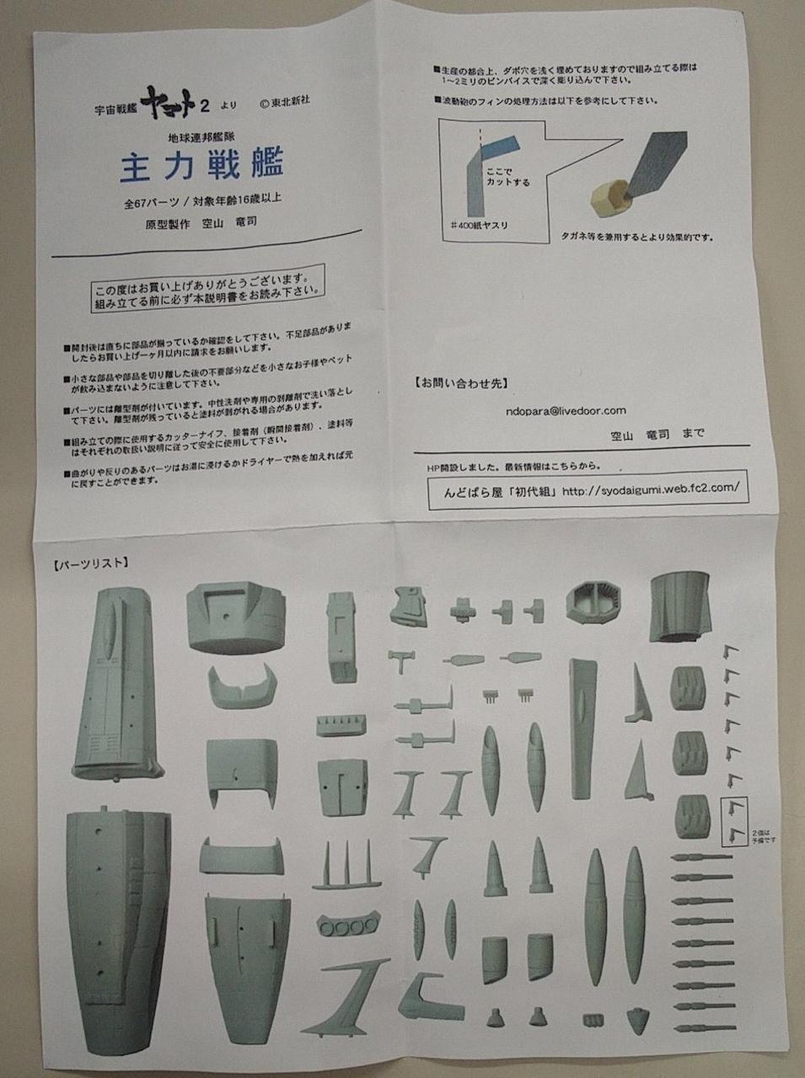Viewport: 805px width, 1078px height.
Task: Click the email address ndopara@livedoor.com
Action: coord(566,410)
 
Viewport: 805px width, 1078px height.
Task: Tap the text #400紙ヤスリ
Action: coord(480,225)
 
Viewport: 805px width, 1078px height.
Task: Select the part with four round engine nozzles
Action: coord(346,928)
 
